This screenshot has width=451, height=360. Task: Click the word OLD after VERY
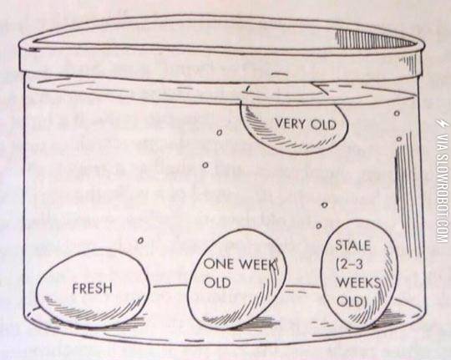(328, 125)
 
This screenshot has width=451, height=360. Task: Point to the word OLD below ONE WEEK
(217, 282)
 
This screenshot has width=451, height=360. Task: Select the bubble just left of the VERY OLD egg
(219, 131)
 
